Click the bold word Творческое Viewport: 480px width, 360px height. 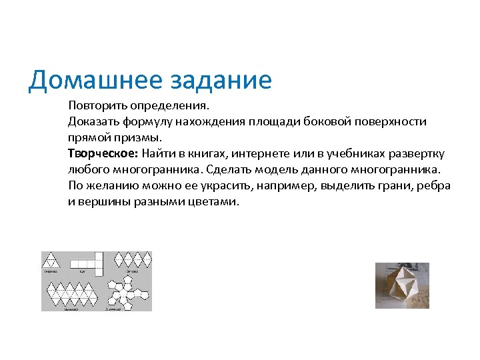point(101,153)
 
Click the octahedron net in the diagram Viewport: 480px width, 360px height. point(132,260)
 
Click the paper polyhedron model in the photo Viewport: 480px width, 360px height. point(402,285)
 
